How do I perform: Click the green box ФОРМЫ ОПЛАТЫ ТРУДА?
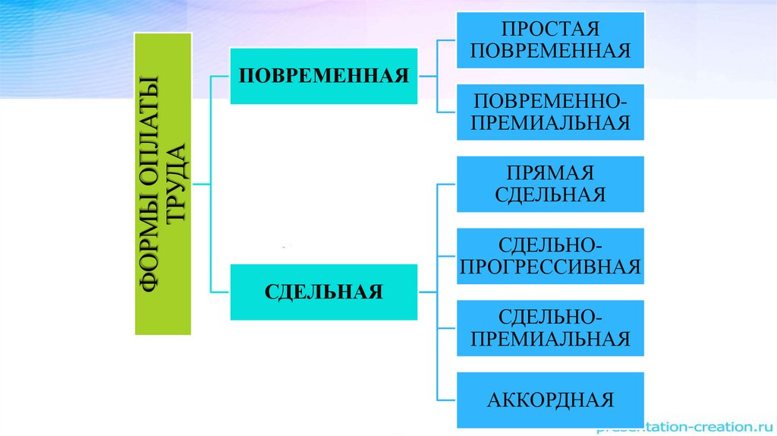162,183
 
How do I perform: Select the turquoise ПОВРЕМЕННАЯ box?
323,76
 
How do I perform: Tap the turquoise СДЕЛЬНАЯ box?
323,292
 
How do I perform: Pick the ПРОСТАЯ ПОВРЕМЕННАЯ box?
550,39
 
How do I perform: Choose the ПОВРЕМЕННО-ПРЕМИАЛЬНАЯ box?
550,112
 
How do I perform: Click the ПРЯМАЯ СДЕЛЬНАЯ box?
550,184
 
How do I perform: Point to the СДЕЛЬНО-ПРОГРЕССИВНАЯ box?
550,256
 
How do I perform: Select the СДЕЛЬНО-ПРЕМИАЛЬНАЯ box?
550,328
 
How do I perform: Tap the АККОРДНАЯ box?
550,400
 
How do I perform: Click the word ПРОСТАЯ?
550,30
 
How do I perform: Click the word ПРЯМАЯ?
550,174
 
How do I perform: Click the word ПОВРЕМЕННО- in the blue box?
550,102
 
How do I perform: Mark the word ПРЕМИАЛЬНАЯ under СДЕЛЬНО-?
550,339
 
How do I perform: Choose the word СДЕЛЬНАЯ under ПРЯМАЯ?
550,194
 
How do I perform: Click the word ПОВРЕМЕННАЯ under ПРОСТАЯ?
550,51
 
